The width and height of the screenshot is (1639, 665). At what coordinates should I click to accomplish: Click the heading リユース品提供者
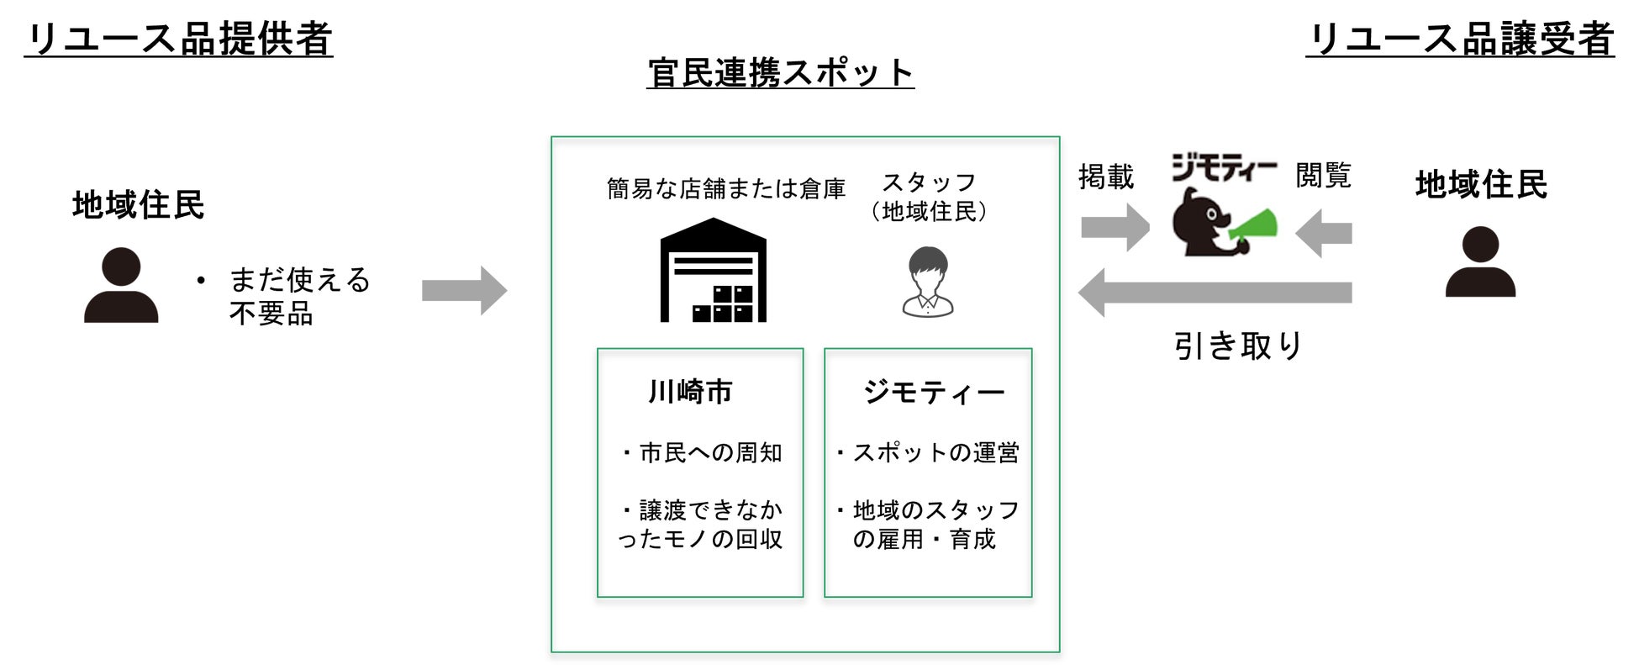tap(178, 39)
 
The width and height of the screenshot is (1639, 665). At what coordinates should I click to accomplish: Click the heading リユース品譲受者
tap(1460, 39)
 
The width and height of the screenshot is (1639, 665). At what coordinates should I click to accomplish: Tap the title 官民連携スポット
tap(780, 73)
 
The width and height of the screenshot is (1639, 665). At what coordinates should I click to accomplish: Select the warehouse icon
tap(713, 271)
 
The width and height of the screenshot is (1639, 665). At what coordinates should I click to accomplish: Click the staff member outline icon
tap(928, 282)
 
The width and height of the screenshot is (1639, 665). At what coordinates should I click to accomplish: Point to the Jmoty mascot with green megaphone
tap(1222, 223)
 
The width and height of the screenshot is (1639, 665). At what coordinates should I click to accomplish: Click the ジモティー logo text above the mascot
tap(1223, 168)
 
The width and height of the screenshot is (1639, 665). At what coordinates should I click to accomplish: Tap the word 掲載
tap(1106, 177)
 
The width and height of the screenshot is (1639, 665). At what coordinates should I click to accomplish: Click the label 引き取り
tap(1237, 346)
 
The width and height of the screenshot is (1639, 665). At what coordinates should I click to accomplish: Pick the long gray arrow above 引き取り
tap(1214, 293)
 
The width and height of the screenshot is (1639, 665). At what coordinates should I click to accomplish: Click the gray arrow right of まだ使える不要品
tap(464, 291)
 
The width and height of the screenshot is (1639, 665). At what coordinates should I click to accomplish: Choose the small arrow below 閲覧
tap(1324, 233)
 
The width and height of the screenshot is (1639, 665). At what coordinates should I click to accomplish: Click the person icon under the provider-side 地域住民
tap(121, 286)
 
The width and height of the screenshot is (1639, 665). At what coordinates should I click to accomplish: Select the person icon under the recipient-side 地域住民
tap(1480, 262)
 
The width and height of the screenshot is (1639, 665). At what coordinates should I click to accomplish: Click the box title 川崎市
tap(690, 392)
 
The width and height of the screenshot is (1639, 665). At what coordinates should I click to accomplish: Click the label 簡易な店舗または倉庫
tap(726, 189)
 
